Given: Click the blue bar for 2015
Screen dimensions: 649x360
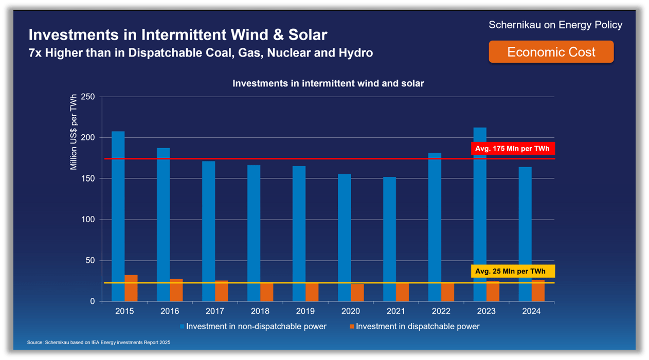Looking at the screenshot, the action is (118, 216).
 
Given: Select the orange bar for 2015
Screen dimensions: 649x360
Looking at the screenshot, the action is (131, 288).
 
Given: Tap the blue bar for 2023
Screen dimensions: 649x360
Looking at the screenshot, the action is (480, 214).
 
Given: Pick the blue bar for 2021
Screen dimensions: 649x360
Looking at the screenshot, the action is (389, 239).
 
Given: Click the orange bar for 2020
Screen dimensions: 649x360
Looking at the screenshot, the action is (357, 293).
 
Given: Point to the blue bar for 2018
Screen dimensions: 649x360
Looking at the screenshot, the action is (254, 233).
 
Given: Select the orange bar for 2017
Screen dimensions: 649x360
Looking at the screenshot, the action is (222, 291).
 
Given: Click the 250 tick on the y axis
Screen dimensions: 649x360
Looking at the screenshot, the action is (88, 97).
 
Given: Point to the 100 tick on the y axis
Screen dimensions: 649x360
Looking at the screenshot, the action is (88, 220).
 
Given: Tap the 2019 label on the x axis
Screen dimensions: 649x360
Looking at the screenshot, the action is (305, 311).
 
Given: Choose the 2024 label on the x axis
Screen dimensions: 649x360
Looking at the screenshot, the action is (531, 311).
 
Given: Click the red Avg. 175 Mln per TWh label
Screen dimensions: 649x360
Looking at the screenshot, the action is (513, 149).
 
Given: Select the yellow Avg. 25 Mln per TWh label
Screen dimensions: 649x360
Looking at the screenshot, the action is (513, 271).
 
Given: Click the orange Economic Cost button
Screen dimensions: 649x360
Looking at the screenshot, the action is (551, 52).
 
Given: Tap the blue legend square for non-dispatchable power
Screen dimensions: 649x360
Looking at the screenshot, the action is (182, 327).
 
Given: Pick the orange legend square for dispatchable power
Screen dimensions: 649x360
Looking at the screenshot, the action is (352, 327).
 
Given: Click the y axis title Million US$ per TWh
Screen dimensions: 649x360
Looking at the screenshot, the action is (74, 132).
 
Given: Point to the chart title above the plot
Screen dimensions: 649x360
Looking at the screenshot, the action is (328, 83).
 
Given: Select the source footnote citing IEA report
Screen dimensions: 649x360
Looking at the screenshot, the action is (99, 343).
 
